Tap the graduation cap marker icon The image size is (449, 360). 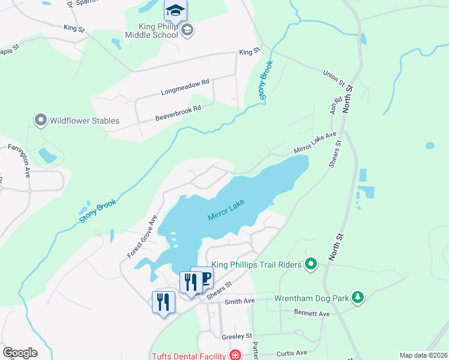(175, 10)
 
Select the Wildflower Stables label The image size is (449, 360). (85, 121)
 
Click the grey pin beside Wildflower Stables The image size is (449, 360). (41, 121)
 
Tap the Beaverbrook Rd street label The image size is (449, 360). (177, 112)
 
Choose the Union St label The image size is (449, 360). (334, 77)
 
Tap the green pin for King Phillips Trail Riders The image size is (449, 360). (310, 263)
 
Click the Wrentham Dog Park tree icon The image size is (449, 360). (358, 298)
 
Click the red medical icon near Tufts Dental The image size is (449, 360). (235, 355)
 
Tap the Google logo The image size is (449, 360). (20, 353)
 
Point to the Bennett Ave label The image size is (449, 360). (312, 313)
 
